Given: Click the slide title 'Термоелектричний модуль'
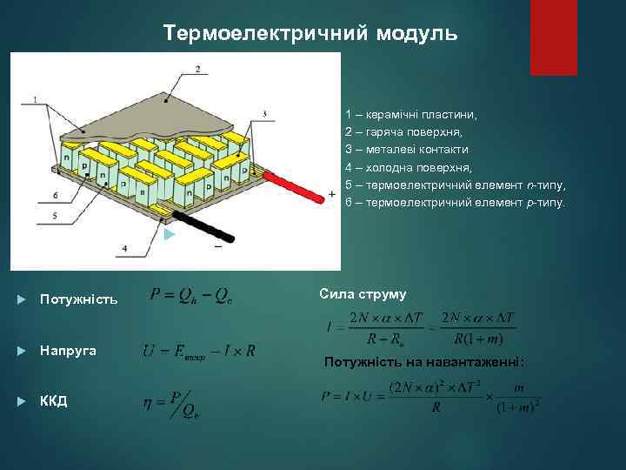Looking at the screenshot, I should pyautogui.click(x=310, y=33).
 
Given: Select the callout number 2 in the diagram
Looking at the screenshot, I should pyautogui.click(x=198, y=69).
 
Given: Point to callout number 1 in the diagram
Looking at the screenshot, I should pyautogui.click(x=34, y=100).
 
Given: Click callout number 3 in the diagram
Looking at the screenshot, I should pyautogui.click(x=263, y=113).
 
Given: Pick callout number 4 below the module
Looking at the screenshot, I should pyautogui.click(x=124, y=248).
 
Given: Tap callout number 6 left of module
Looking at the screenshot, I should pyautogui.click(x=55, y=195).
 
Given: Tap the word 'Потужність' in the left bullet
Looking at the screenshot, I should pyautogui.click(x=78, y=299).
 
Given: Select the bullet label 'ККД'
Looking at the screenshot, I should pyautogui.click(x=54, y=401).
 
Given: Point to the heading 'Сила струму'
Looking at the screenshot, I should pyautogui.click(x=363, y=293).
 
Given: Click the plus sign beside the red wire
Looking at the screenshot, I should pyautogui.click(x=331, y=194).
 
